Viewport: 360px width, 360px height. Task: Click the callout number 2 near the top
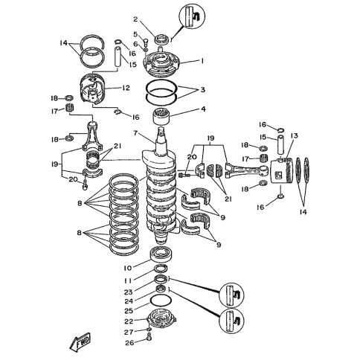[x=136, y=19]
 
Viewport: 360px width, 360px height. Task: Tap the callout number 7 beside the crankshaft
[x=135, y=134]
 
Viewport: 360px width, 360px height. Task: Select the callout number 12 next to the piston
[x=126, y=89]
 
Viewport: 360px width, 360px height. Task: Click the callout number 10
[x=127, y=267]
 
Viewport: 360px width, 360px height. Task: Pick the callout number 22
[x=129, y=321]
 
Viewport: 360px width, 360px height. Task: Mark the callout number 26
[x=129, y=343]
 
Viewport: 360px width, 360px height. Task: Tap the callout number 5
[x=136, y=34]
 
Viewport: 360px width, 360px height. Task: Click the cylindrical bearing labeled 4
[x=163, y=116]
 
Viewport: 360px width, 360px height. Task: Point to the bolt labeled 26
[x=150, y=341]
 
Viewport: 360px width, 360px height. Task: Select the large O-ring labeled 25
[x=161, y=301]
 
